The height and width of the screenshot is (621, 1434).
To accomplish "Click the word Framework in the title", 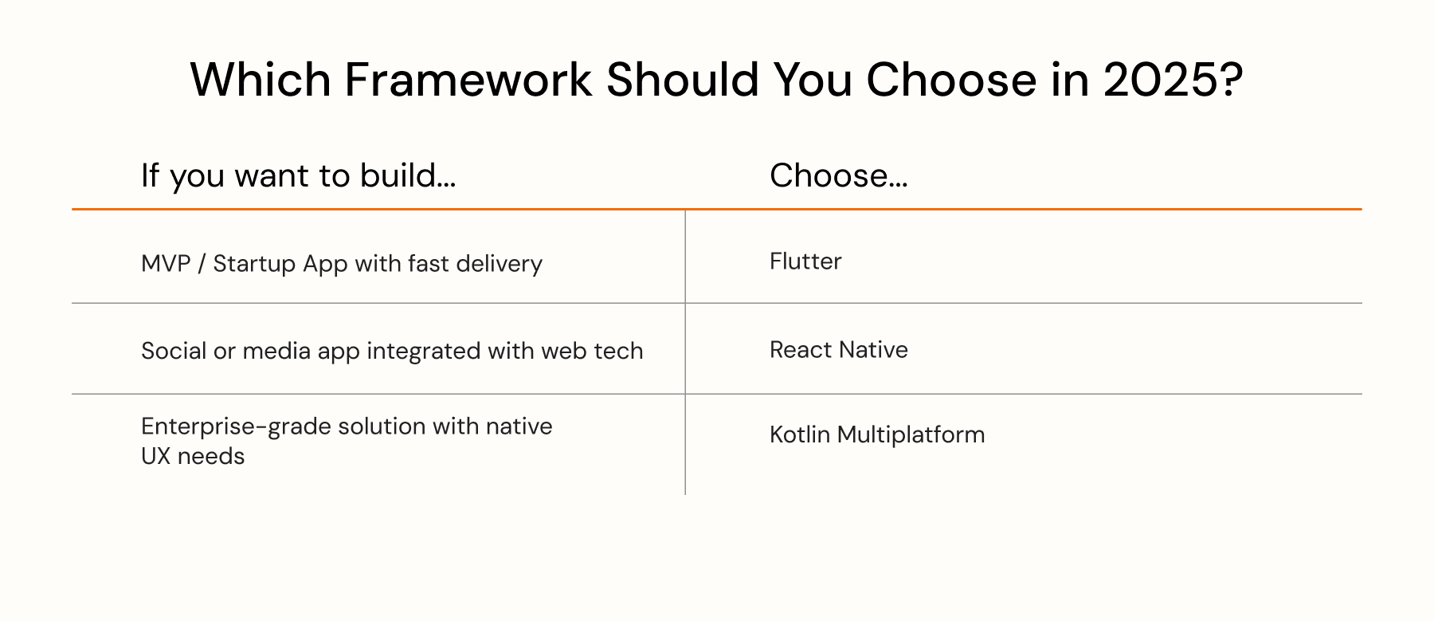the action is [x=468, y=80].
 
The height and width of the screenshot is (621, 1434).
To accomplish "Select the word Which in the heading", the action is [x=261, y=80].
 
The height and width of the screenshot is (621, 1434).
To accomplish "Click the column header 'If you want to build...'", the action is [x=298, y=176].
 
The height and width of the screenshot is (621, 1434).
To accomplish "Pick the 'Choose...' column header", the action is [x=838, y=175].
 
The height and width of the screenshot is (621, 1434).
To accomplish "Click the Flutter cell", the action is [x=805, y=261].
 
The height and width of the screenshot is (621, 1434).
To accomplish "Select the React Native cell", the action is [x=839, y=349].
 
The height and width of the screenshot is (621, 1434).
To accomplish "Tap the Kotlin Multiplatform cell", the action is [x=877, y=434].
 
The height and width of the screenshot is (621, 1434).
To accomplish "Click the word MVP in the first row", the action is [x=166, y=263].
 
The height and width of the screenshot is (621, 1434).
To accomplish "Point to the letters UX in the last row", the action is [x=156, y=456].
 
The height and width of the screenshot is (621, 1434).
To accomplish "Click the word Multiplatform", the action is [x=911, y=435].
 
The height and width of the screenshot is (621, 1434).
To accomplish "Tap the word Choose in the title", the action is [x=951, y=80].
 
